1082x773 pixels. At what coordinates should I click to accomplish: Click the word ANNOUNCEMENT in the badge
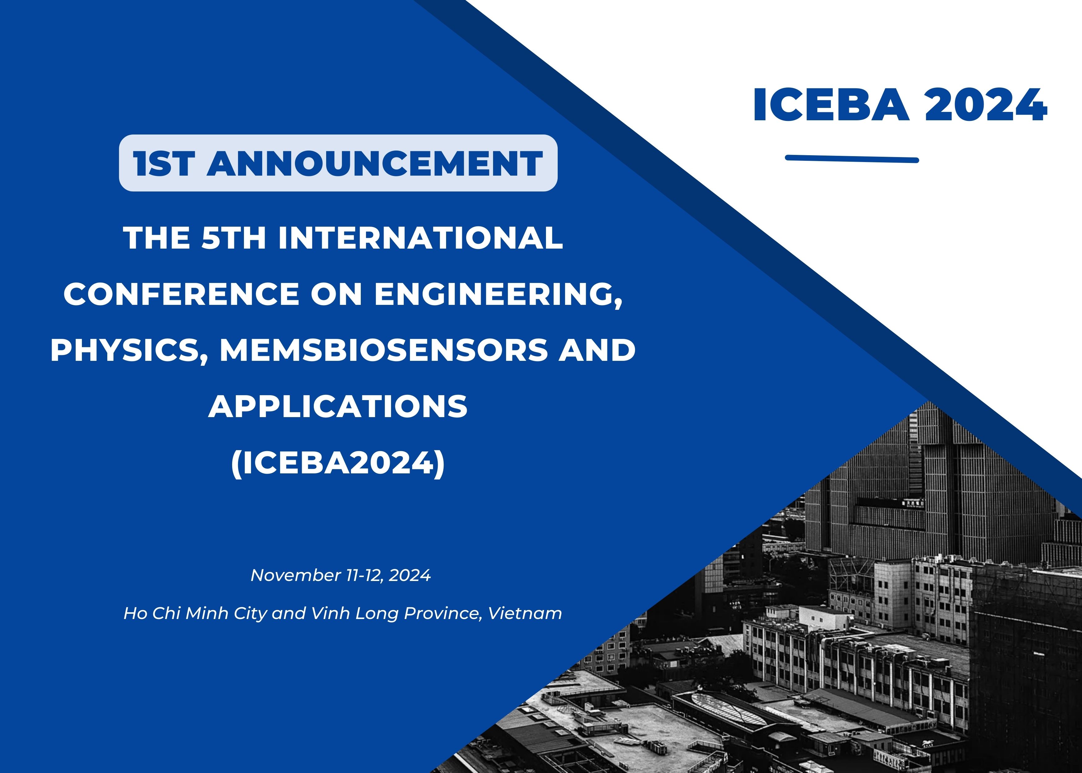(x=375, y=163)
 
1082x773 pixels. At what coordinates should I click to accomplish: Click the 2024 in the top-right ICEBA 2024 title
(x=986, y=105)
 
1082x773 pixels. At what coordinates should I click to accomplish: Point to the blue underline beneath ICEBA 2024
(x=852, y=159)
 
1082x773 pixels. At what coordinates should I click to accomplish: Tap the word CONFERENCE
(x=181, y=294)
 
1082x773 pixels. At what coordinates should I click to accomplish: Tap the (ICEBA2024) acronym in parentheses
(x=338, y=463)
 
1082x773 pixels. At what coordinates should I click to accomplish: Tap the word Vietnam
(x=525, y=613)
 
